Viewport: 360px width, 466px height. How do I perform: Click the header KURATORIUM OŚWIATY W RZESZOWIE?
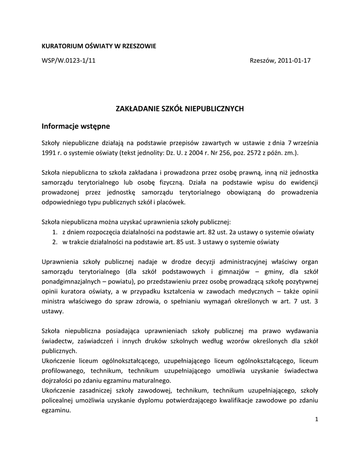coord(99,46)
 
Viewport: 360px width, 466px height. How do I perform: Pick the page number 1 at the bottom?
coord(316,419)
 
